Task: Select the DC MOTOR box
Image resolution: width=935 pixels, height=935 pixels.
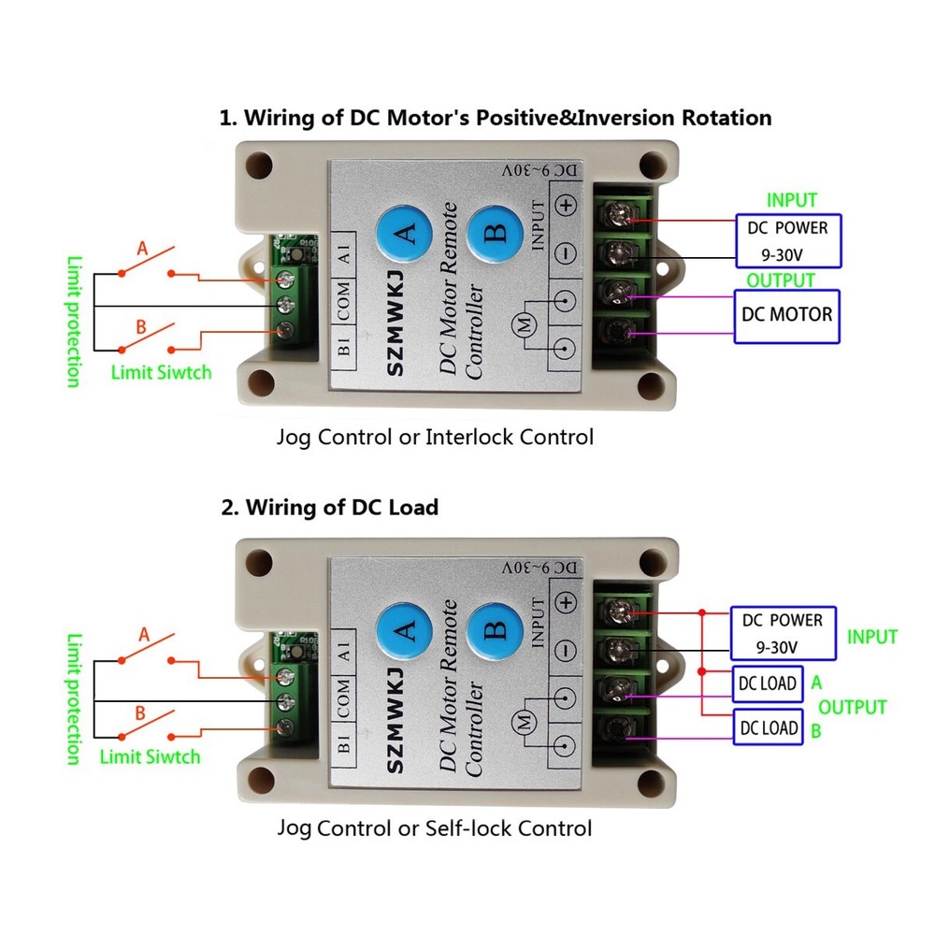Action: click(x=786, y=314)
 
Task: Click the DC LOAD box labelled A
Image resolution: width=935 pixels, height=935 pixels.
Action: click(x=768, y=683)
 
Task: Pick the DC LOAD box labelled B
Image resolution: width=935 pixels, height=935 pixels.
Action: click(x=768, y=727)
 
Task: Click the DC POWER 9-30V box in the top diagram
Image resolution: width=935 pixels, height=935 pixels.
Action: click(x=786, y=239)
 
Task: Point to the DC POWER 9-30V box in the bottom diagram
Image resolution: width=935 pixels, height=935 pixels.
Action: click(x=782, y=633)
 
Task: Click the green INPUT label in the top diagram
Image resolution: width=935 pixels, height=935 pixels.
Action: click(x=791, y=200)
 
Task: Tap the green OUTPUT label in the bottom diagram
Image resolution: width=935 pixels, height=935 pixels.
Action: click(x=853, y=707)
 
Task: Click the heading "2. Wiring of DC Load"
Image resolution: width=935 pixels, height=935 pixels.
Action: click(x=329, y=508)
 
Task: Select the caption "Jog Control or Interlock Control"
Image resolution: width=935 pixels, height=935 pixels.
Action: click(x=435, y=437)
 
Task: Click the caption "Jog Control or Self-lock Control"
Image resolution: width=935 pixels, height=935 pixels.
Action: click(x=435, y=827)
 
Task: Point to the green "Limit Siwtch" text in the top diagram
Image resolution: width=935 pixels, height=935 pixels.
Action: click(x=161, y=372)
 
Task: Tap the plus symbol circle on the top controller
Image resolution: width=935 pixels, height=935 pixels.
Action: click(x=567, y=208)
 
